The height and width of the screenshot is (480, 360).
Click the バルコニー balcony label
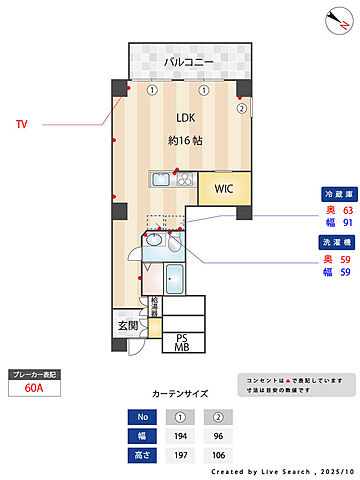click(x=189, y=62)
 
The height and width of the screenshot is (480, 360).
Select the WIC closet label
click(x=222, y=186)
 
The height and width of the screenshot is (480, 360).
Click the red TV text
click(x=21, y=125)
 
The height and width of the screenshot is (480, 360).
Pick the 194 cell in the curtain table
click(x=181, y=437)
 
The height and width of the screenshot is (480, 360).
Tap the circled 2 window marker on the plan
click(x=241, y=108)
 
